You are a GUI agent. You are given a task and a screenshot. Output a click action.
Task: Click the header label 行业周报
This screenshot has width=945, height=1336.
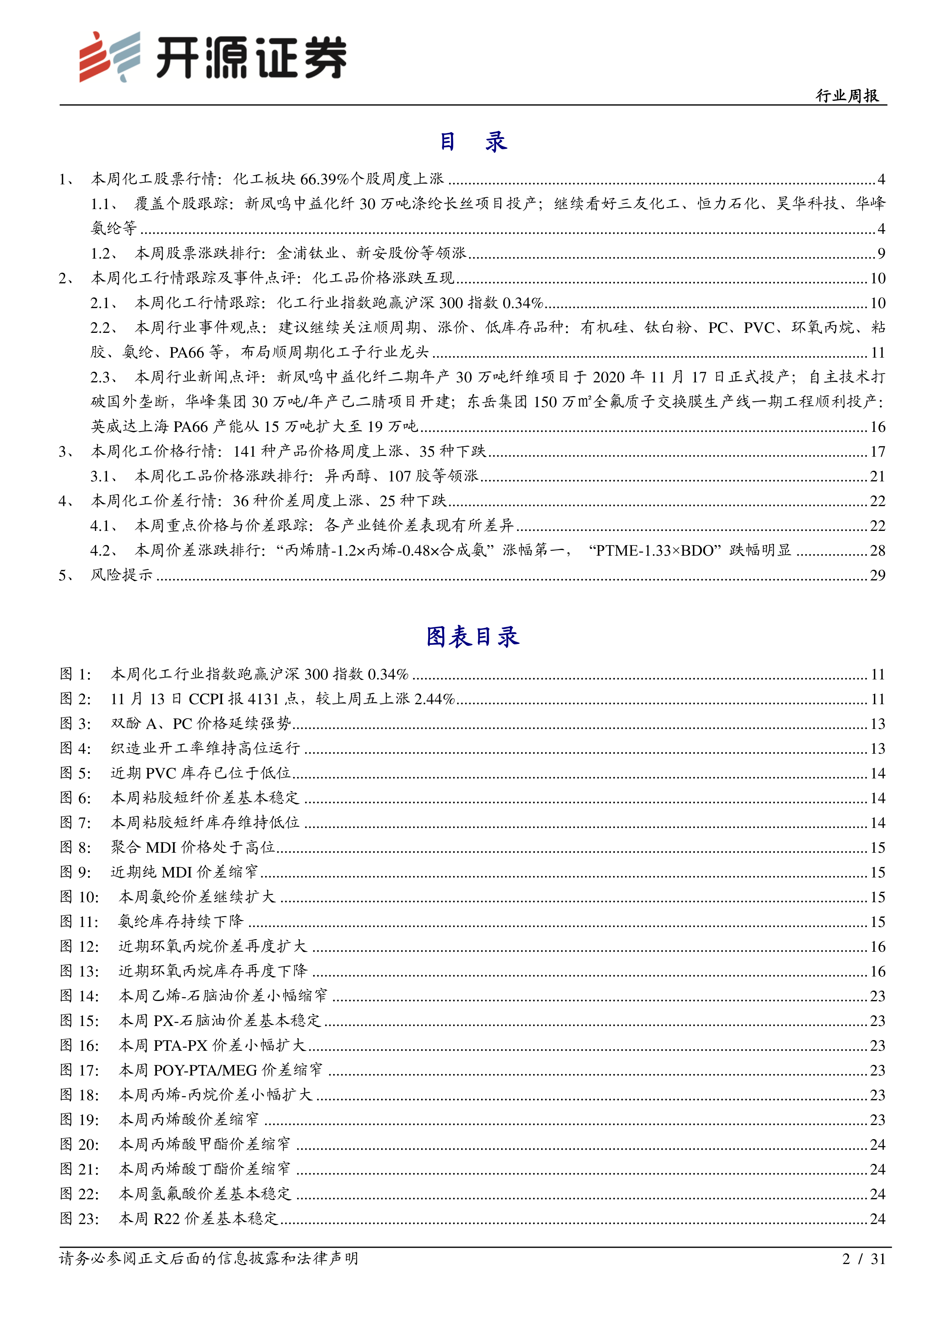coord(847,96)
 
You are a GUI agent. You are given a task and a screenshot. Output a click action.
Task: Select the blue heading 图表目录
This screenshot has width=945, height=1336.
coord(472,636)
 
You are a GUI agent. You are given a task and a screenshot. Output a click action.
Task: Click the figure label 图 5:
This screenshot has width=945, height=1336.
coord(76,773)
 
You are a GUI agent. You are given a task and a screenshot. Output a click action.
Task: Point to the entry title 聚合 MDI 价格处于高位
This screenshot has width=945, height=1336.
coord(193,847)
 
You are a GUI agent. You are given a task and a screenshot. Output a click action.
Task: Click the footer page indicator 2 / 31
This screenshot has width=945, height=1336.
coord(863,1259)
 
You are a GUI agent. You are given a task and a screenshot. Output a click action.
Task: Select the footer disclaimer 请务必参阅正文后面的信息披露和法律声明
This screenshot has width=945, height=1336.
coord(208,1259)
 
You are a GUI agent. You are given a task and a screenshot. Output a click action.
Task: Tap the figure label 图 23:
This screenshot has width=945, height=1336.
coord(79,1218)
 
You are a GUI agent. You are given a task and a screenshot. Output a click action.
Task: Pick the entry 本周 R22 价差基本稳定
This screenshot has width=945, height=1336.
coord(198,1218)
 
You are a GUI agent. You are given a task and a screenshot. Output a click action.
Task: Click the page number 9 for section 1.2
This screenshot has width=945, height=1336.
coord(881,253)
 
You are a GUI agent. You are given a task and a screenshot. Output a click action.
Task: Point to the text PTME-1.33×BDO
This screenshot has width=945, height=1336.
coord(651,550)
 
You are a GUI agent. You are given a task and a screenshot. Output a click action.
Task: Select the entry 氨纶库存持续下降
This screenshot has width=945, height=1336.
coord(181,922)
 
